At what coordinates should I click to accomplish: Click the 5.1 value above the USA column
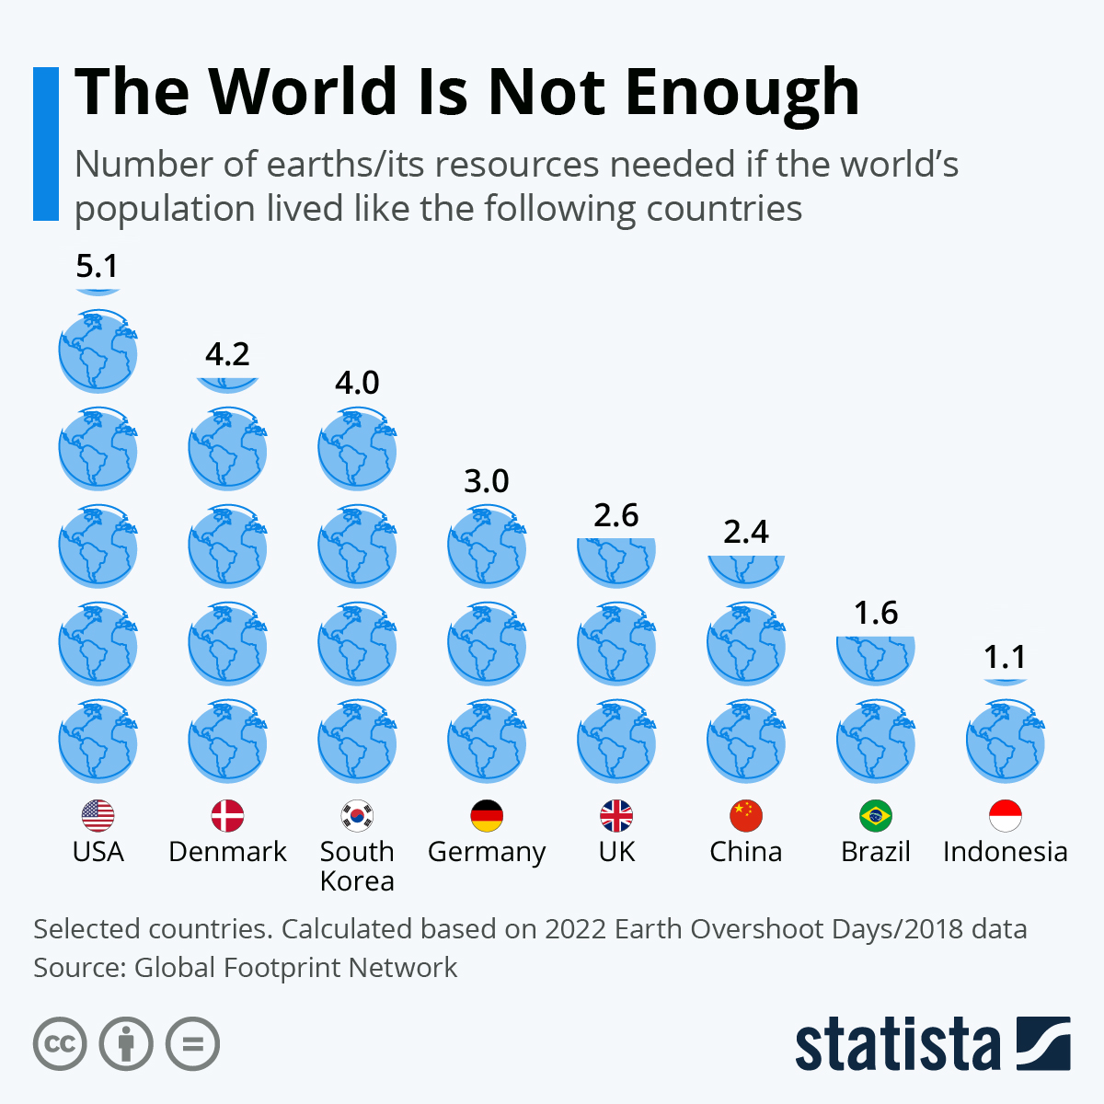(98, 266)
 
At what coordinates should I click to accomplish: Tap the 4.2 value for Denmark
(227, 354)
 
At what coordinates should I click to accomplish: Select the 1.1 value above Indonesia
(1005, 657)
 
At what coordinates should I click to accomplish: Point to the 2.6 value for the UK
(616, 515)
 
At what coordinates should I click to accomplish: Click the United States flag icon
(98, 816)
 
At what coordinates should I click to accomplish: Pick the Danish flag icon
(227, 816)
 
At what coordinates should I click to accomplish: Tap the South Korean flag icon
(357, 816)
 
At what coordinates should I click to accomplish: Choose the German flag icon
(487, 816)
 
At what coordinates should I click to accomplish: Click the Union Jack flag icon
(616, 816)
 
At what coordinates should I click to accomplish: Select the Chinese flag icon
(746, 816)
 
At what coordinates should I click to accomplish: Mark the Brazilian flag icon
(876, 816)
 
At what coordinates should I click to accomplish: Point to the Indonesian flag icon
(1005, 816)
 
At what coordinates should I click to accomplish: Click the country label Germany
(487, 853)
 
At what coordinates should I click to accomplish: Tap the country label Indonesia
(1005, 852)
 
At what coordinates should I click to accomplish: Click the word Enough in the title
(742, 92)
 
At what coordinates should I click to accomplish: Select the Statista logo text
(897, 1044)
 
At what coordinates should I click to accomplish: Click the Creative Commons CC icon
(60, 1044)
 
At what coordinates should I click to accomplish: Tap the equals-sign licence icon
(192, 1044)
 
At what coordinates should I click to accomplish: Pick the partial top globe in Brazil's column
(876, 658)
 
